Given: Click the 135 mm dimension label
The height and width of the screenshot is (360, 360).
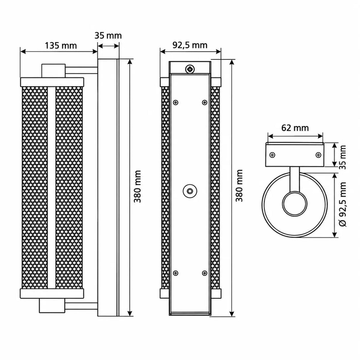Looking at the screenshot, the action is [61, 46].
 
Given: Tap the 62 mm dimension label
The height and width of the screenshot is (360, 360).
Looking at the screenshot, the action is [295, 128].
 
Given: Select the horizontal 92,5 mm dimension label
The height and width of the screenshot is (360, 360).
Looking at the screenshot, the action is [190, 45].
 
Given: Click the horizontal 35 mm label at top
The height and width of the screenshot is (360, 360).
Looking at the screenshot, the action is [108, 36].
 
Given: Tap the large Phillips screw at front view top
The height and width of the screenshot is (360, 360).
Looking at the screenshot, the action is [190, 69].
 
